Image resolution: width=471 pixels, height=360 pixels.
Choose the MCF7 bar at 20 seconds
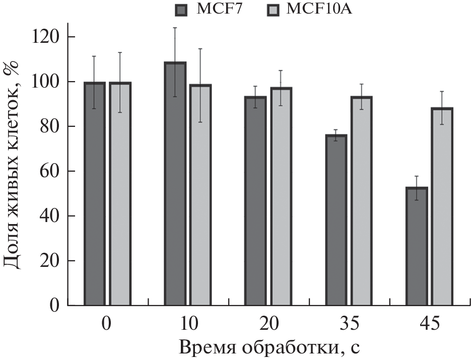pos(255,201)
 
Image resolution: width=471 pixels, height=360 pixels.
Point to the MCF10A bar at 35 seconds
pos(361,201)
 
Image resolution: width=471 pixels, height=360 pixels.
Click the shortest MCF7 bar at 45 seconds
pos(417,246)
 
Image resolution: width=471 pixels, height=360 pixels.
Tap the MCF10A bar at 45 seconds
pos(442,206)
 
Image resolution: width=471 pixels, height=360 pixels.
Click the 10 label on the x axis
pos(187,323)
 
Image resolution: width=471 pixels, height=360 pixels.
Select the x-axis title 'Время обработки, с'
pos(268,347)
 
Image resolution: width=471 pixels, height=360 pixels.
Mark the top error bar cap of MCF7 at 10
pos(175,28)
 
